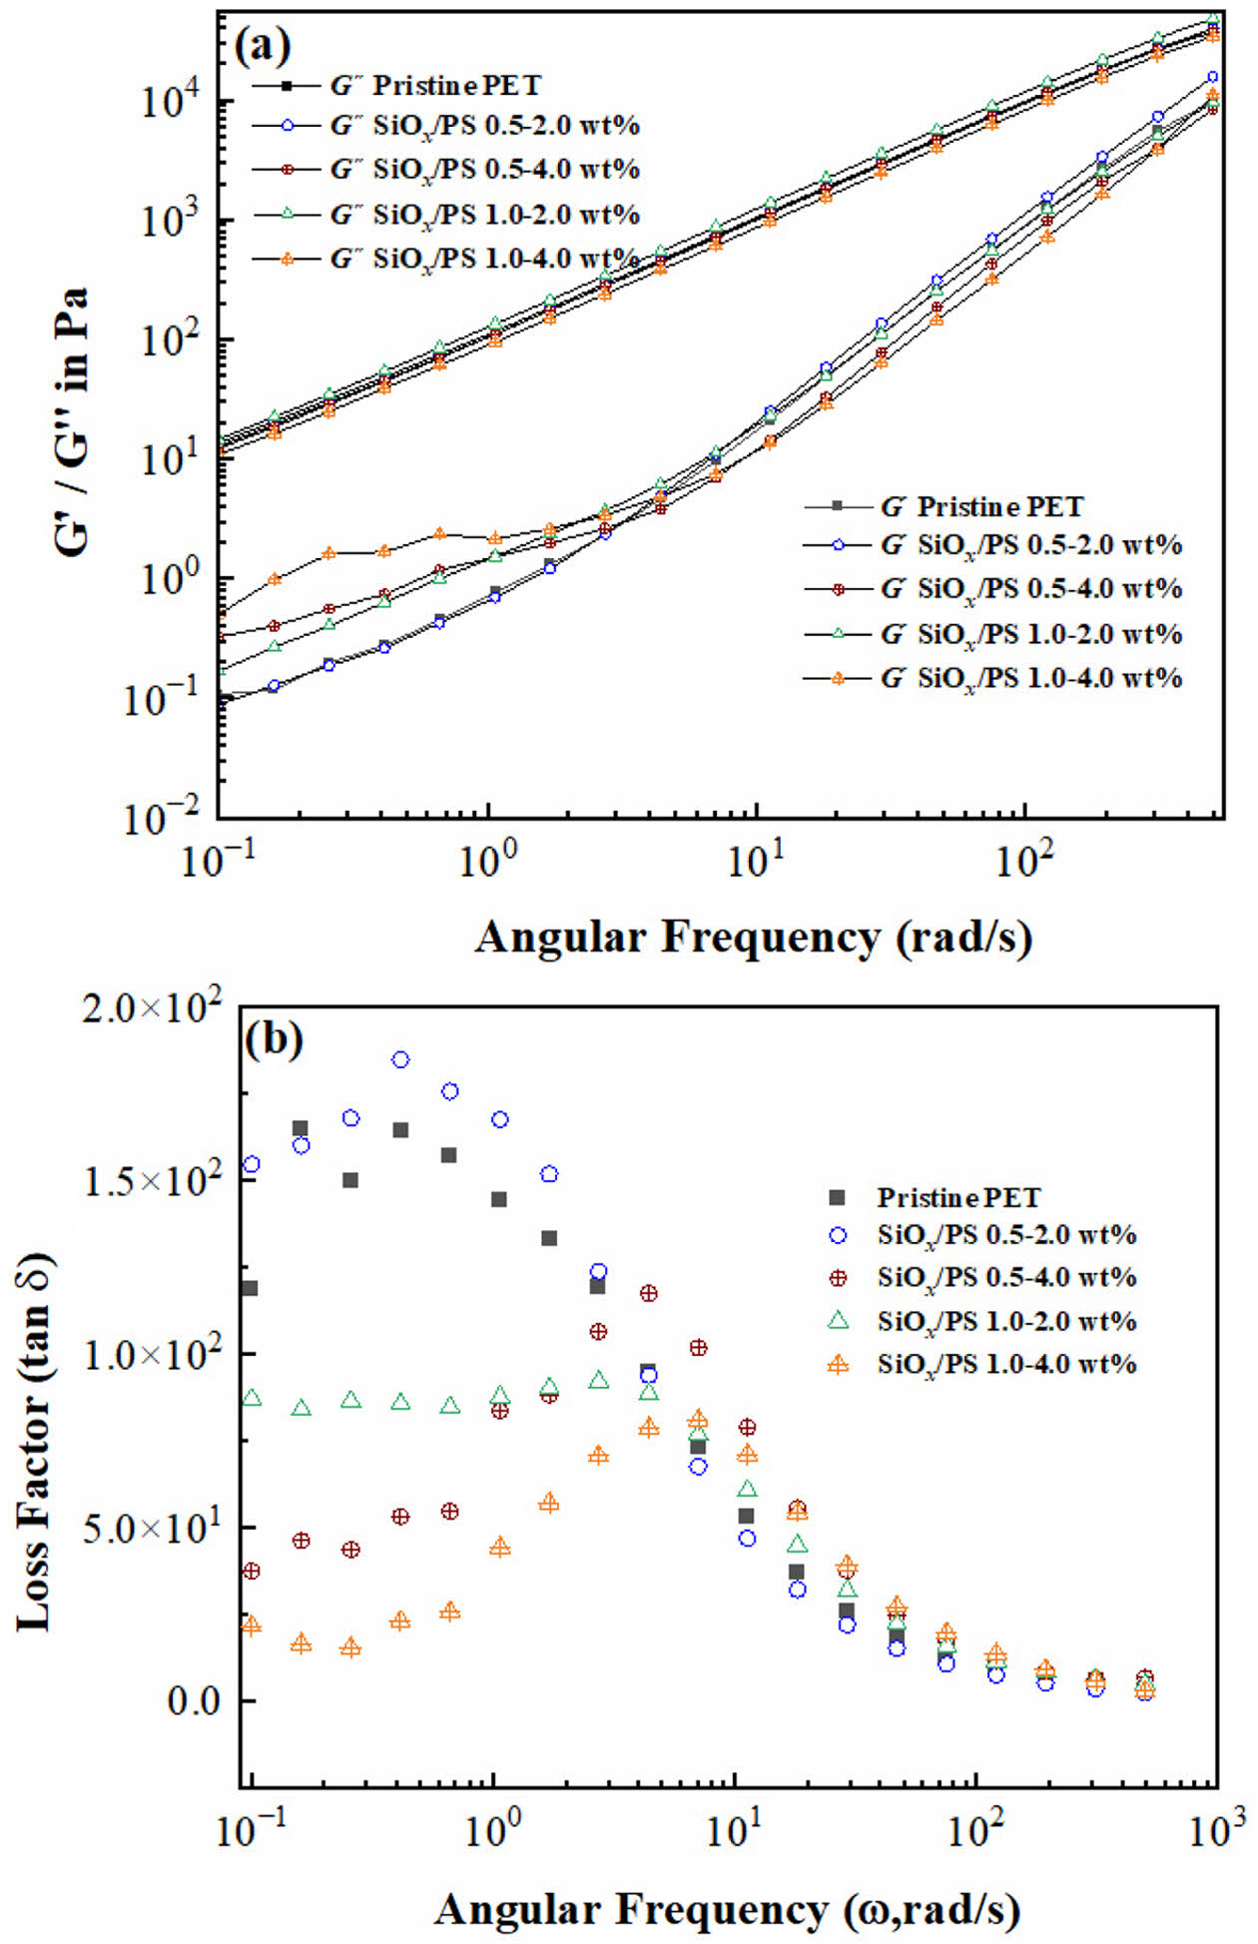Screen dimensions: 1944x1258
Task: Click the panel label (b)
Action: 273,1038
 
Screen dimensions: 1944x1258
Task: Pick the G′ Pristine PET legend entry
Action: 982,507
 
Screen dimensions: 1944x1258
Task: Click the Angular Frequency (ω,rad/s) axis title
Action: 727,1909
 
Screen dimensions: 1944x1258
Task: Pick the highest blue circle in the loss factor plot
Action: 400,1059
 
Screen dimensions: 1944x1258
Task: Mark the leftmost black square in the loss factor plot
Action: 249,1288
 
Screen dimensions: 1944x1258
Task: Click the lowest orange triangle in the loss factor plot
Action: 1145,1690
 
